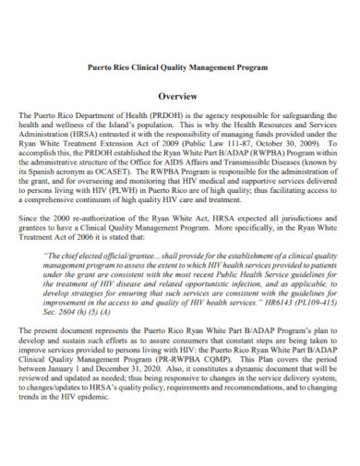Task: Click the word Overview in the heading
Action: click(179, 96)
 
